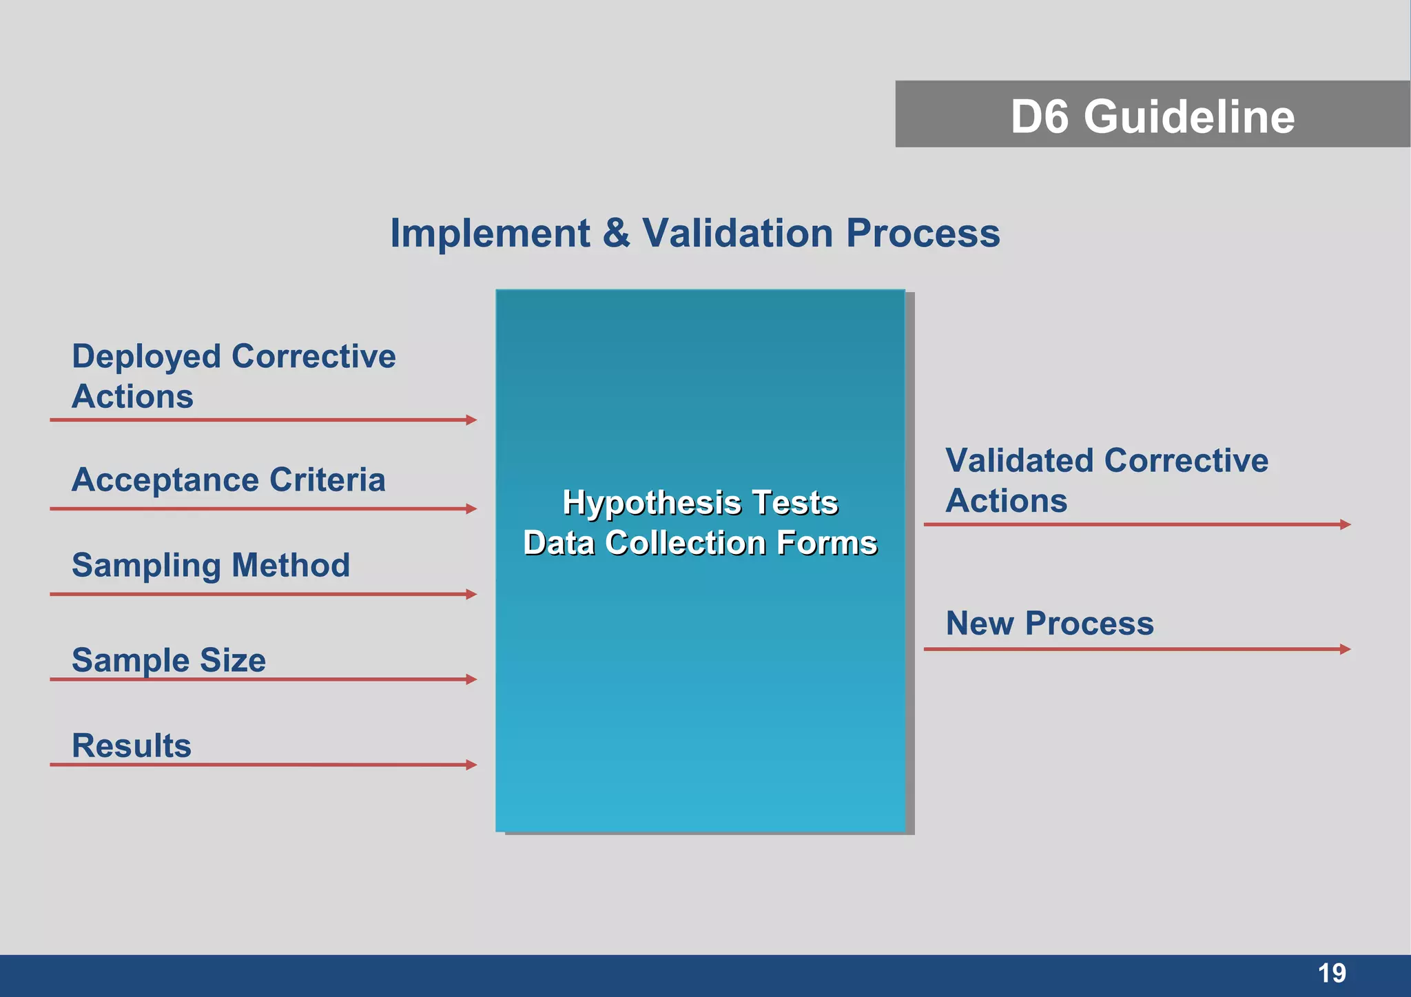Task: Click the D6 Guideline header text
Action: click(1152, 116)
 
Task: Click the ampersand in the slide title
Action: click(616, 233)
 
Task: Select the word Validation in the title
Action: click(738, 233)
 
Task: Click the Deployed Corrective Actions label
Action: click(233, 376)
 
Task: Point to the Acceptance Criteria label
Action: click(228, 480)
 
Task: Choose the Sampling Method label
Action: click(211, 565)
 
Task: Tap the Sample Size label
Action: click(169, 660)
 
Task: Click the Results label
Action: click(132, 746)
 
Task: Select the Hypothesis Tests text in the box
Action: click(700, 502)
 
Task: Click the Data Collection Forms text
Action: click(700, 543)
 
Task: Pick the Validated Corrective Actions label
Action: click(1106, 480)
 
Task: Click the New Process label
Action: click(1049, 624)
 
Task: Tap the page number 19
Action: click(1331, 974)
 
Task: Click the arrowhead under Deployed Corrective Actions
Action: click(471, 420)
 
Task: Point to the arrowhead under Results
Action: click(471, 765)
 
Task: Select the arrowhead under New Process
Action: click(1345, 649)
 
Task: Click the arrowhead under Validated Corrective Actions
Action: click(1345, 524)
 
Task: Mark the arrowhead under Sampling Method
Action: click(471, 594)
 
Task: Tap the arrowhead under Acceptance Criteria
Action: click(471, 508)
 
